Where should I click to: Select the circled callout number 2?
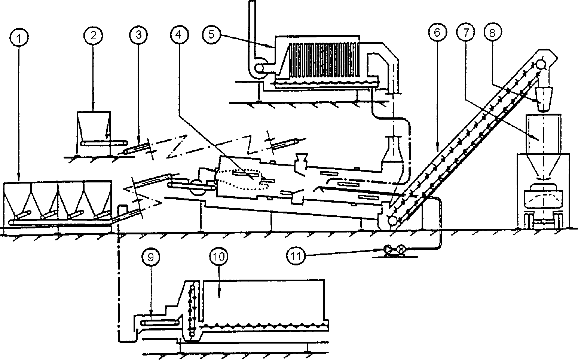click(93, 36)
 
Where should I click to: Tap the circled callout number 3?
click(138, 36)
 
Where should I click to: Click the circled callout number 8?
click(492, 33)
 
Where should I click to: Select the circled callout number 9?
click(151, 257)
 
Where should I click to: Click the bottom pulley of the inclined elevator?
click(392, 221)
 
